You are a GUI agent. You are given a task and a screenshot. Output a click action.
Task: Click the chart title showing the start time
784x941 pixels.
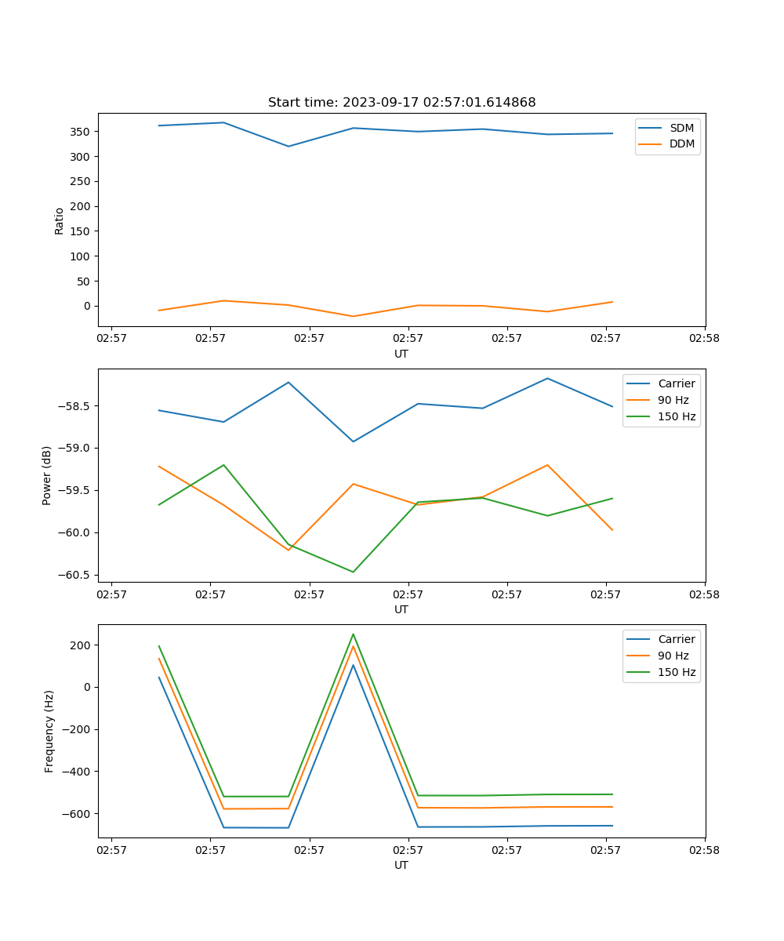pos(401,103)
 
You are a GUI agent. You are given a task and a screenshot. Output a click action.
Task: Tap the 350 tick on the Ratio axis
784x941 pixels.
pos(80,132)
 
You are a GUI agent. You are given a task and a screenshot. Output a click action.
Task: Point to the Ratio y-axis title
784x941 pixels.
pos(59,221)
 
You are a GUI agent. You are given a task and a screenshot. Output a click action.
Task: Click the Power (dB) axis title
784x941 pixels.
pos(47,475)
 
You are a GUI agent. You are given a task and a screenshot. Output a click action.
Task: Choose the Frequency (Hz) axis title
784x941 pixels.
pos(49,731)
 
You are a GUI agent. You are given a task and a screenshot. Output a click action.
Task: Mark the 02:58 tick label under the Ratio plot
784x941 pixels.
pos(704,339)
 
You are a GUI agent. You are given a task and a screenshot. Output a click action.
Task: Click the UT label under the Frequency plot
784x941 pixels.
pos(401,865)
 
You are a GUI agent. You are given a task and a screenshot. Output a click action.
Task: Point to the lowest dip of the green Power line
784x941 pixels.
pos(353,572)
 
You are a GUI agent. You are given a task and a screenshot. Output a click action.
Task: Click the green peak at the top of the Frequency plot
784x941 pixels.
pos(353,634)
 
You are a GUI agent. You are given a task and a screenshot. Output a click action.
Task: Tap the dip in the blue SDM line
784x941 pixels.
pos(289,146)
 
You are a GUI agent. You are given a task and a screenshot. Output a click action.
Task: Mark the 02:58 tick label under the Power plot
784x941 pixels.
pos(704,594)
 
